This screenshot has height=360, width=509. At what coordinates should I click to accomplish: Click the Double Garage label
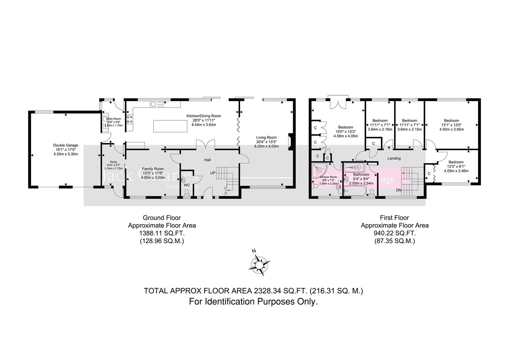point(66,145)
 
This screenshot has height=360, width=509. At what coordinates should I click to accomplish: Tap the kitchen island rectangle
point(170,126)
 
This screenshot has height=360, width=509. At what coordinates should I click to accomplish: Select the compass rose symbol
point(259,265)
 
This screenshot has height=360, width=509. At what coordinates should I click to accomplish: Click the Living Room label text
point(266,137)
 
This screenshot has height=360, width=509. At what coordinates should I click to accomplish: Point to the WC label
point(187,185)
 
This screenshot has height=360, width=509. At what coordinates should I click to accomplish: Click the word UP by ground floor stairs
point(213,173)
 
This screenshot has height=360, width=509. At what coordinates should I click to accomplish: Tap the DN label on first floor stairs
point(398,190)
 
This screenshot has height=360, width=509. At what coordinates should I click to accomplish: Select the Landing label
point(394,158)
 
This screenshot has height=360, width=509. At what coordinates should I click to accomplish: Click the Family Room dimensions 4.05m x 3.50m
point(153,178)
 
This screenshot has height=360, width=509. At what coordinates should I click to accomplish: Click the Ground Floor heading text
point(162,218)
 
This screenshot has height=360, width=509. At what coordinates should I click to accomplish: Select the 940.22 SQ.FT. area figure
point(395,233)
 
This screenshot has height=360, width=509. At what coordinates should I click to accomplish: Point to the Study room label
point(114,162)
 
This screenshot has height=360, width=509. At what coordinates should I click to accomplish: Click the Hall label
point(208,160)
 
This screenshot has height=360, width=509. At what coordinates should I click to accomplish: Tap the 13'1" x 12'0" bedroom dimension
point(451,125)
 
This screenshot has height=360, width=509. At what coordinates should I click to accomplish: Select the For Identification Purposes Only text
point(253,302)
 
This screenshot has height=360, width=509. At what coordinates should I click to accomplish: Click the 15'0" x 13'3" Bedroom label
point(345,127)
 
